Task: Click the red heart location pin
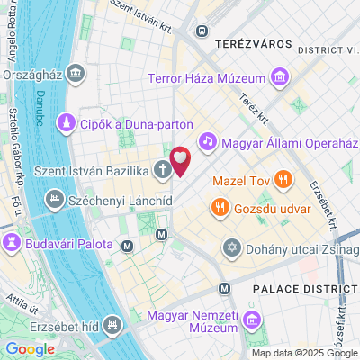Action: [x=181, y=160]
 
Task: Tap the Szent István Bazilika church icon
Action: [x=162, y=167]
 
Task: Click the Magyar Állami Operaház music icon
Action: [x=207, y=140]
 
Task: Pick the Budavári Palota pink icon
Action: [x=13, y=243]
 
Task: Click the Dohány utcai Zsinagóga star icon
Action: [x=232, y=247]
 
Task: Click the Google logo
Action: [x=30, y=349]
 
